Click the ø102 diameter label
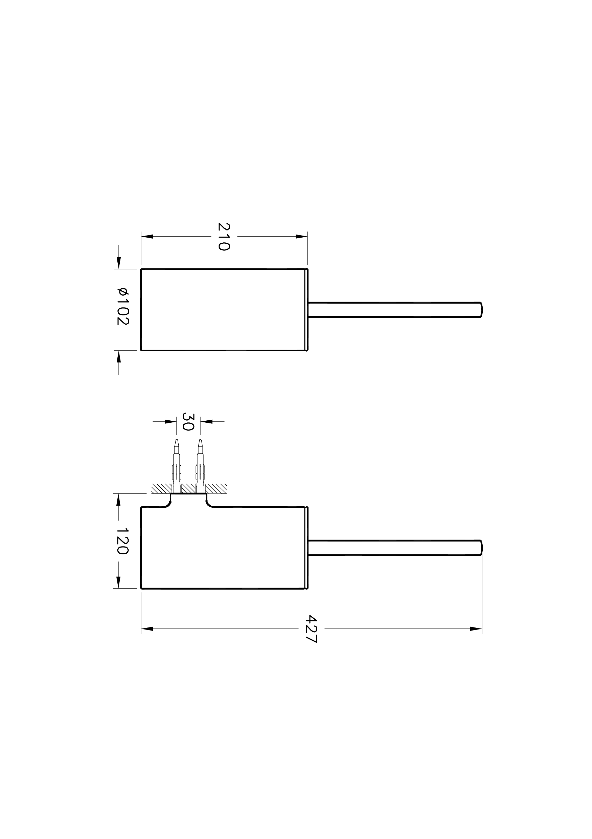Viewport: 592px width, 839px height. point(123,306)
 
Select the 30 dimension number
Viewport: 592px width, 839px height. point(188,422)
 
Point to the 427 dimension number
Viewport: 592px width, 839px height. point(312,628)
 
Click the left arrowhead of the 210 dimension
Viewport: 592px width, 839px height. point(147,237)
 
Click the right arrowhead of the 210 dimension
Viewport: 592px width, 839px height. point(301,237)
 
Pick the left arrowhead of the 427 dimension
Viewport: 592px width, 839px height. point(147,628)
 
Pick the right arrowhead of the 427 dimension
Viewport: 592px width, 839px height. point(476,628)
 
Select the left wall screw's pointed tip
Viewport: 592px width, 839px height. point(177,441)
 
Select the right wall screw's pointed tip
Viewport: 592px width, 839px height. point(200,441)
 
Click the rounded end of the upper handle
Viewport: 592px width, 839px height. point(481,310)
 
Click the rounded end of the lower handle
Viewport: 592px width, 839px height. point(481,547)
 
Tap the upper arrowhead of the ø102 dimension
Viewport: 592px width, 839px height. point(118,262)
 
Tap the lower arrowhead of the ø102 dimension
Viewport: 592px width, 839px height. point(118,357)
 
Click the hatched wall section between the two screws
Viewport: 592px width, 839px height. point(188,488)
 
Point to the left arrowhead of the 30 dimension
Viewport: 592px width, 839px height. point(170,422)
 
